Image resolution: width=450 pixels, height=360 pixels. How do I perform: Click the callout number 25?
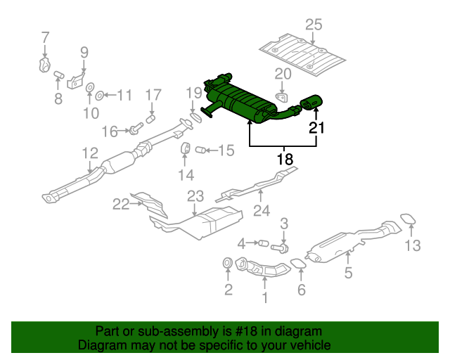(x=314, y=25)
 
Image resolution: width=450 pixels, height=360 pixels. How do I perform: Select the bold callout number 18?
(x=285, y=159)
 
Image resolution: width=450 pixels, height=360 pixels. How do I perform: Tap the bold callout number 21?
(x=316, y=128)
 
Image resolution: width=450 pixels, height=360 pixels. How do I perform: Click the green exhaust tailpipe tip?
(x=311, y=102)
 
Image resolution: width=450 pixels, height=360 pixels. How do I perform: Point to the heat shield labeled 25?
(x=302, y=55)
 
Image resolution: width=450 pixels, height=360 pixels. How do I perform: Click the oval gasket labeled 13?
(x=408, y=219)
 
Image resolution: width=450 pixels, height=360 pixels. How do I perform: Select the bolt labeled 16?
(x=136, y=128)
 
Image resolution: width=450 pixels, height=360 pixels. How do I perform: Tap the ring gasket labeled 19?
(x=196, y=117)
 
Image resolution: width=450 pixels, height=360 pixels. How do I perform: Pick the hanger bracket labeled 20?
(x=282, y=97)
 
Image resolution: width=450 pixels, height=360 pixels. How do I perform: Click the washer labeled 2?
(x=227, y=263)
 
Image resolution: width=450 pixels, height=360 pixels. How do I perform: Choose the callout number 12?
(x=90, y=153)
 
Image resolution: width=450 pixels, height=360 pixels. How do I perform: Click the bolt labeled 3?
(x=280, y=248)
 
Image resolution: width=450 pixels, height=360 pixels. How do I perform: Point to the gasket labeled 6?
(x=298, y=263)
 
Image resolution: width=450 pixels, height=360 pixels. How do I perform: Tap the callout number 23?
(x=195, y=196)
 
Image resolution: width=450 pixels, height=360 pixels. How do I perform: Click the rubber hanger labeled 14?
(x=186, y=148)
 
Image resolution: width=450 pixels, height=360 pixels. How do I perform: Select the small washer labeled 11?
(x=99, y=96)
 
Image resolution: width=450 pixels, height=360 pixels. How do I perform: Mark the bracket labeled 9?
(x=76, y=81)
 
